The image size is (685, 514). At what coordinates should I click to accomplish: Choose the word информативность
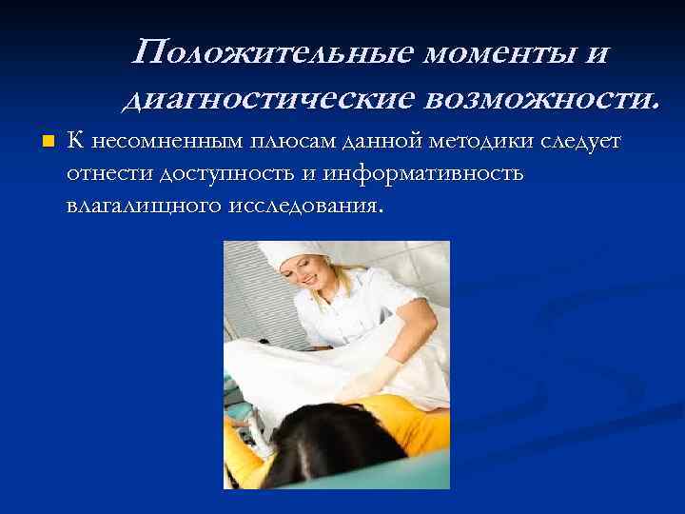tap(423, 174)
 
